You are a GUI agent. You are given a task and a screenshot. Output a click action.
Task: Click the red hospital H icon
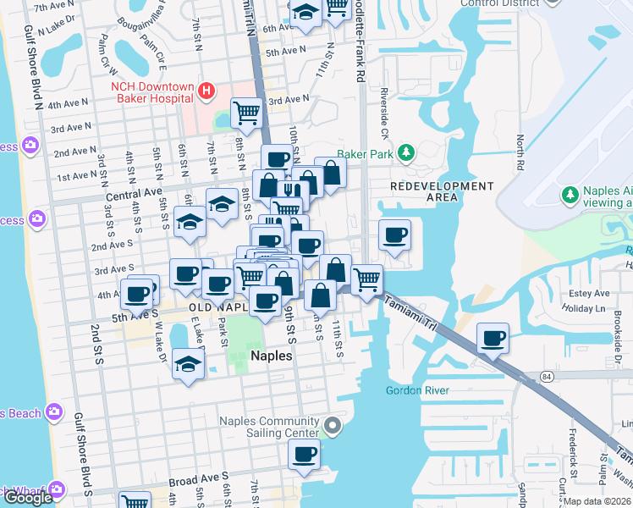206,90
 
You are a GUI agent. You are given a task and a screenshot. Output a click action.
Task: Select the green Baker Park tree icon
407,152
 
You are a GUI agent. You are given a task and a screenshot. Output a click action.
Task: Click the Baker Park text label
366,155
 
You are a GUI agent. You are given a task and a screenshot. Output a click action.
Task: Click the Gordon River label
417,390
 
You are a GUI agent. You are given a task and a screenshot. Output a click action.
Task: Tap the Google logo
28,498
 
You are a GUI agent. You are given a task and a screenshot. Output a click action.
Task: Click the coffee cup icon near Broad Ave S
304,454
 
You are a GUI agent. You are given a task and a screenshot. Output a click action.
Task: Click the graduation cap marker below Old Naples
188,364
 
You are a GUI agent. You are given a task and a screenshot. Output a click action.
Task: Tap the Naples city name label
272,356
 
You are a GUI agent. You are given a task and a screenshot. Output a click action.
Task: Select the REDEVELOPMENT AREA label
441,191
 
